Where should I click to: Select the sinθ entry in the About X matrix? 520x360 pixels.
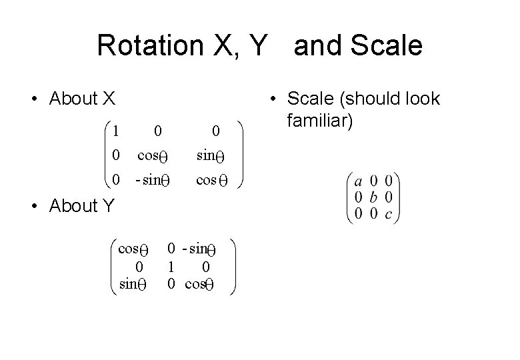(x=213, y=156)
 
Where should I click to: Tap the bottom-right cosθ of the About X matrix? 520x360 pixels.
(x=213, y=181)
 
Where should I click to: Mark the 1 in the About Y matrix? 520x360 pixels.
(x=171, y=267)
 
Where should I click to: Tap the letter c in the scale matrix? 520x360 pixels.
(x=389, y=213)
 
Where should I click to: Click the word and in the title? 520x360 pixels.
(x=316, y=46)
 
